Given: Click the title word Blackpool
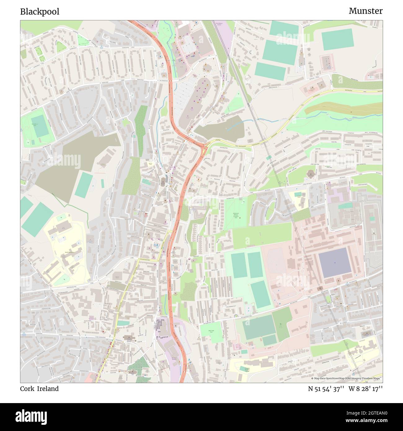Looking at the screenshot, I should pyautogui.click(x=40, y=12).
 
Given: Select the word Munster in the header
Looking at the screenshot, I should pyautogui.click(x=365, y=11).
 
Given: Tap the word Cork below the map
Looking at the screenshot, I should pyautogui.click(x=27, y=389).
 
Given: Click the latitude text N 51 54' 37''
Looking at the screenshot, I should pyautogui.click(x=326, y=389).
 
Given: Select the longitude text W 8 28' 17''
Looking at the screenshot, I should pyautogui.click(x=365, y=389).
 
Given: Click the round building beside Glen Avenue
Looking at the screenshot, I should pyautogui.click(x=310, y=174).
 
